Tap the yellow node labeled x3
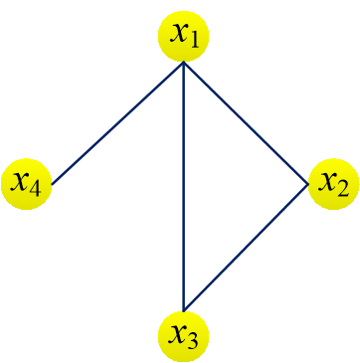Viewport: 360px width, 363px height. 184,334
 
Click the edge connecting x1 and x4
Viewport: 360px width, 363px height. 117,123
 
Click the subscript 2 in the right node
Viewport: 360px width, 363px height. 344,189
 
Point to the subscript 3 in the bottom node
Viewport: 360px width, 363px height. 196,340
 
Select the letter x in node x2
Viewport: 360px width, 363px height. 326,181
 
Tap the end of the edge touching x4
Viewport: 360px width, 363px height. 52,184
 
